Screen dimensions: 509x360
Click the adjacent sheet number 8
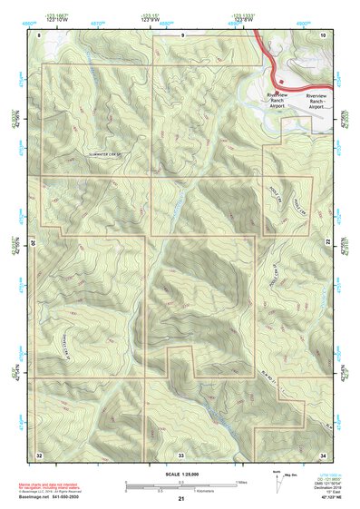point(40,34)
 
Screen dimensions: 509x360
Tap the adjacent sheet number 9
point(182,34)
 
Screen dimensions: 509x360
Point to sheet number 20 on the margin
point(33,243)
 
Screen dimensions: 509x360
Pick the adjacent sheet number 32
point(39,454)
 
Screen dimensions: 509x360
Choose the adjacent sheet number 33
point(181,454)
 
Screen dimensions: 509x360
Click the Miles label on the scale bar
point(243,481)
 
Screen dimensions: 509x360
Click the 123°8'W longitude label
point(241,19)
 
